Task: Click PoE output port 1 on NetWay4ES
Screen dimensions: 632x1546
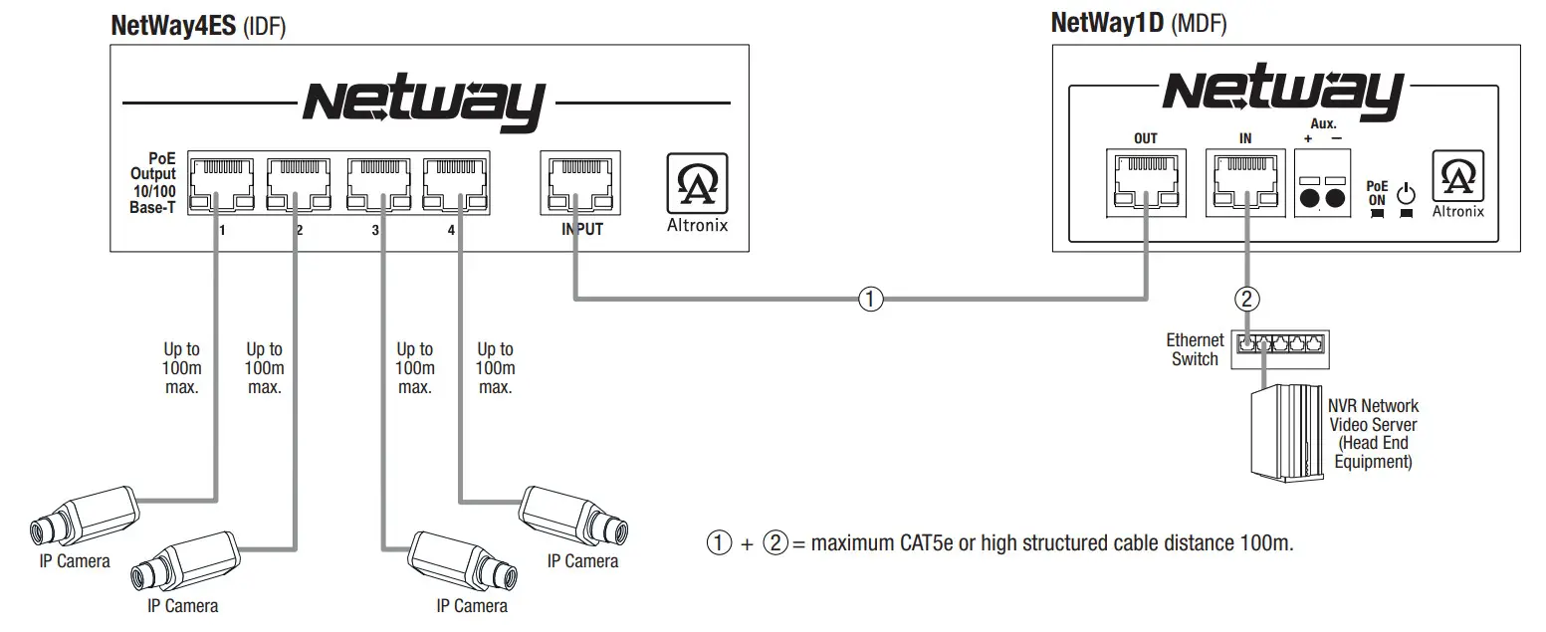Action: click(x=220, y=183)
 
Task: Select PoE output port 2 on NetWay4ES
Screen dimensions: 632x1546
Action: click(x=298, y=183)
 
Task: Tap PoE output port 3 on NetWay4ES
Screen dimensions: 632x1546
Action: click(x=377, y=183)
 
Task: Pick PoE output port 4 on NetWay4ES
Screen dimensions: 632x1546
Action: click(x=455, y=183)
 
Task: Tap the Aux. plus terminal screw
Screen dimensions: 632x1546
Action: click(x=1310, y=199)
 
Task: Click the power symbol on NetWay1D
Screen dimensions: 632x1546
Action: click(x=1405, y=191)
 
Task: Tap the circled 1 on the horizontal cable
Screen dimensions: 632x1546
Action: click(x=870, y=298)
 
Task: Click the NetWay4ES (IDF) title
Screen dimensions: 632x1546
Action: click(x=198, y=27)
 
